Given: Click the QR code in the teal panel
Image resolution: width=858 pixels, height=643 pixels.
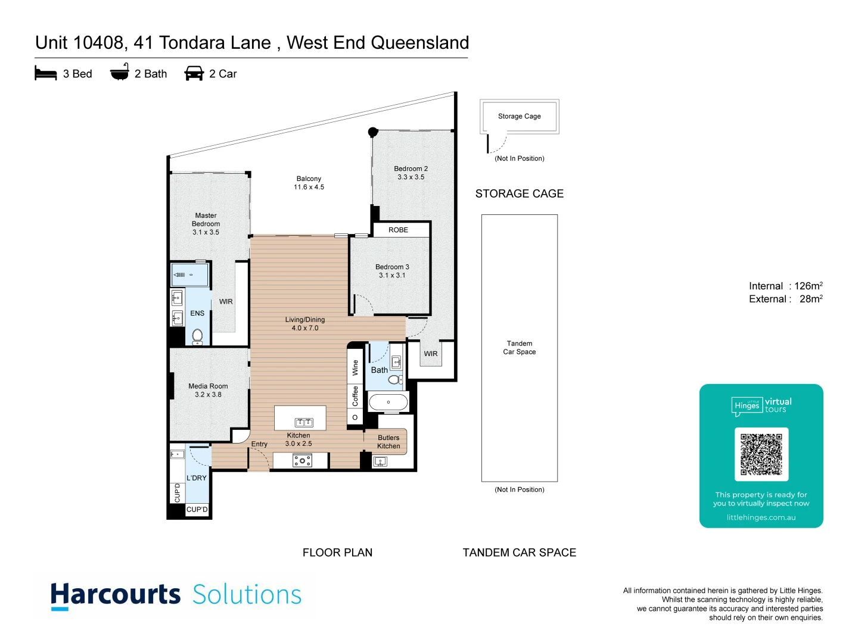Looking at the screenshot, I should pyautogui.click(x=761, y=454).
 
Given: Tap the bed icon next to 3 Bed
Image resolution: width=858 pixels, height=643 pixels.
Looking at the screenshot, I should pyautogui.click(x=46, y=74).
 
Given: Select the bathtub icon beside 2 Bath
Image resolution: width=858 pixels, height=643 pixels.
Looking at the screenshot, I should pyautogui.click(x=120, y=72).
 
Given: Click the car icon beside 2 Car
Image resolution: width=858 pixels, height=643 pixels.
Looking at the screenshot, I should pyautogui.click(x=194, y=74).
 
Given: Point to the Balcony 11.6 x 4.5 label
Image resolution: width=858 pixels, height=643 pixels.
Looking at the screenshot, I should pyautogui.click(x=309, y=183).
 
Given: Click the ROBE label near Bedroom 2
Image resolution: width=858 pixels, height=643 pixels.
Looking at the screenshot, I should pyautogui.click(x=398, y=230).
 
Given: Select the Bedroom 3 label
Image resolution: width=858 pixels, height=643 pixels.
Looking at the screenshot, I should pyautogui.click(x=392, y=271).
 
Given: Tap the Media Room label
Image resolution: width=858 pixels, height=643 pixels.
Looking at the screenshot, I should pyautogui.click(x=208, y=390).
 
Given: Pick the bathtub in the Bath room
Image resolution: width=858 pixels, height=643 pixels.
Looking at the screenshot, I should pyautogui.click(x=388, y=402).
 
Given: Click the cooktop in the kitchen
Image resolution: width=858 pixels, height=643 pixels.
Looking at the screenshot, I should pyautogui.click(x=302, y=461).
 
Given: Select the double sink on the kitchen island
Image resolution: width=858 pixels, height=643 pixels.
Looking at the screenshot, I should pyautogui.click(x=304, y=423).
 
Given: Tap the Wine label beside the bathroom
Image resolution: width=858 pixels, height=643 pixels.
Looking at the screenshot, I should pyautogui.click(x=356, y=367).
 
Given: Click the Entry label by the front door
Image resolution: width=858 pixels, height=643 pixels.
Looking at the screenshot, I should pyautogui.click(x=259, y=444).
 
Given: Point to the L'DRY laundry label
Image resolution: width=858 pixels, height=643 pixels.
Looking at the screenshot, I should pyautogui.click(x=197, y=478).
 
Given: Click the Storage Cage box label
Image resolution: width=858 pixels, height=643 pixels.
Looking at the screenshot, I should pyautogui.click(x=519, y=116).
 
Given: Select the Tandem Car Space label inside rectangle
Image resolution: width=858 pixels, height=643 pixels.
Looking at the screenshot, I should pyautogui.click(x=519, y=348).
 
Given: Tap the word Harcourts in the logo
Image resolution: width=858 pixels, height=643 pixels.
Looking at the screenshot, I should pyautogui.click(x=116, y=595).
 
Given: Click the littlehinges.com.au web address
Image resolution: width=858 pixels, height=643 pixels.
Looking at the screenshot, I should pyautogui.click(x=761, y=517).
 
